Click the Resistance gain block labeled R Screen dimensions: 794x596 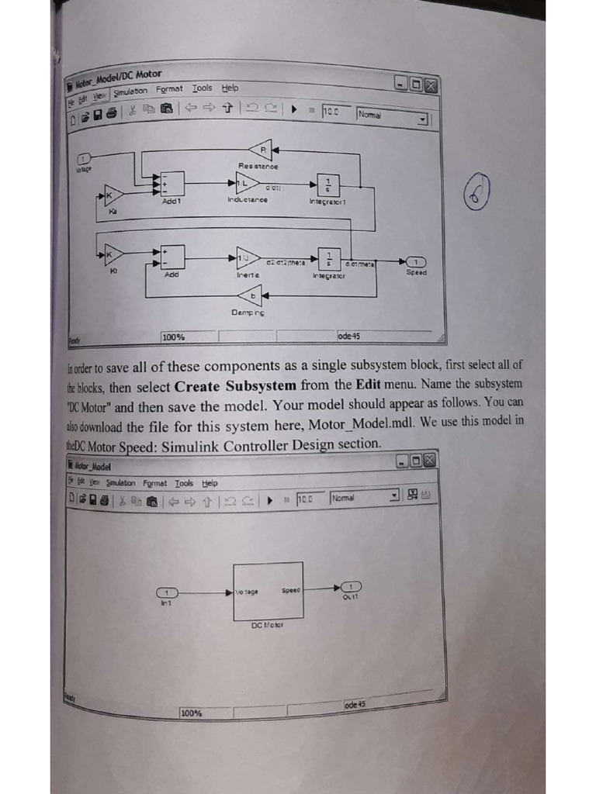(x=261, y=150)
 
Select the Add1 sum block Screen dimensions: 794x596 (x=172, y=184)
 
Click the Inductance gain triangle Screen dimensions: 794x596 (x=248, y=183)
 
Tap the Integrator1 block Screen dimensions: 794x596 (x=328, y=184)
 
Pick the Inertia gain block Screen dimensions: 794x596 (x=248, y=256)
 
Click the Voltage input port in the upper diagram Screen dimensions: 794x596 (x=85, y=159)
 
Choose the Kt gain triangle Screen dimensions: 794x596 (x=113, y=254)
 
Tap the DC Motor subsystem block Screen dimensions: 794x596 (x=269, y=591)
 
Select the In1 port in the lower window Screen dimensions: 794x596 (x=166, y=592)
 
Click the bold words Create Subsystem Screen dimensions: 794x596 (x=235, y=385)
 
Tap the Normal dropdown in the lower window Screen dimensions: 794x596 (x=365, y=496)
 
